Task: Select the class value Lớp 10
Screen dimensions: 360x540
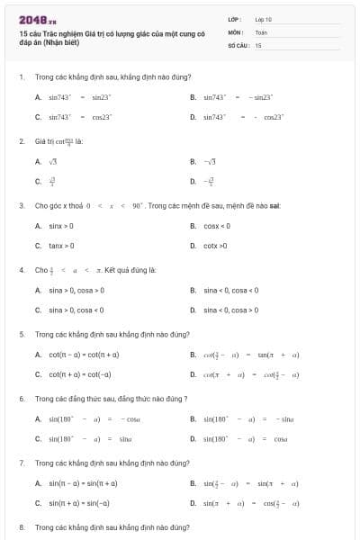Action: pos(263,18)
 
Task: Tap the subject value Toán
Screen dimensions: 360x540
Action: pos(261,31)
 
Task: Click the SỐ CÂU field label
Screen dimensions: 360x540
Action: pos(237,44)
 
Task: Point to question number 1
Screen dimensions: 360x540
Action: pos(21,76)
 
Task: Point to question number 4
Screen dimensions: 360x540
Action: pos(21,270)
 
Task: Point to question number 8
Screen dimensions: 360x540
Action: pos(21,526)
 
